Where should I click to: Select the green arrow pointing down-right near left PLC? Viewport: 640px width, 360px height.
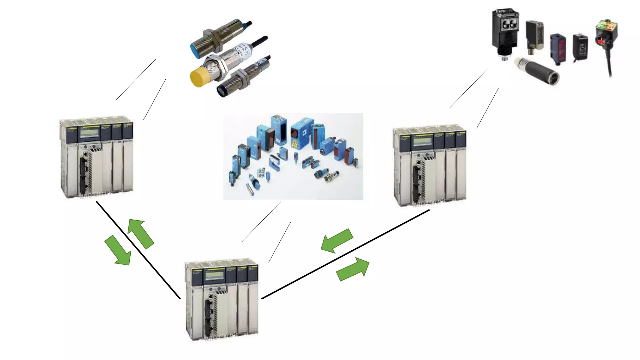point(118,250)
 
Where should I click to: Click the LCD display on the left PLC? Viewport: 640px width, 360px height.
point(89,133)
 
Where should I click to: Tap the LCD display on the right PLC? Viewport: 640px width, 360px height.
point(422,142)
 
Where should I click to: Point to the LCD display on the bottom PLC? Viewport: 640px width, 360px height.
point(214,275)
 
